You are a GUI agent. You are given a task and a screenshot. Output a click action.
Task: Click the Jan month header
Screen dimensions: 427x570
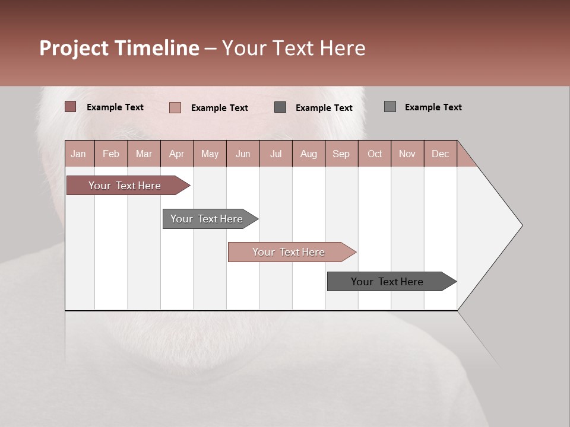78,154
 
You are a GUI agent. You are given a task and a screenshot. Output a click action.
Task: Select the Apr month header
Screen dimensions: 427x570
176,154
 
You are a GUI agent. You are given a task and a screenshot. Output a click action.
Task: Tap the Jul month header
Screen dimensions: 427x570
275,154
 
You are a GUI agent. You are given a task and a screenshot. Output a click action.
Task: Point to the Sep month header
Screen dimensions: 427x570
341,154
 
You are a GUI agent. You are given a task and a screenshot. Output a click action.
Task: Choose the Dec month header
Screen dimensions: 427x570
440,154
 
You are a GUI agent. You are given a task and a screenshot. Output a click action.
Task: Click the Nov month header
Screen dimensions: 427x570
407,154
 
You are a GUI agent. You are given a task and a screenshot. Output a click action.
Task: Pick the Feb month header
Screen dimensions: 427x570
111,154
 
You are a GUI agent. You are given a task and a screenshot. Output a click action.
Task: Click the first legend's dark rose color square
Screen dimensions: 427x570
70,107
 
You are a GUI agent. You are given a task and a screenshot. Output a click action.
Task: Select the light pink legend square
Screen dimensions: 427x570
175,107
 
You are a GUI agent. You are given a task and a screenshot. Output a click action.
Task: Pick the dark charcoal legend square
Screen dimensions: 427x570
280,107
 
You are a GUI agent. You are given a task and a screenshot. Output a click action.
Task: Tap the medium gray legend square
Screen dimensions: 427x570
389,107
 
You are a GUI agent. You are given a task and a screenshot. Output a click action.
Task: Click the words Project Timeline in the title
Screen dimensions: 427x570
119,48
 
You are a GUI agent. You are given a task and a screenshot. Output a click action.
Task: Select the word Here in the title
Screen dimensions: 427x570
343,48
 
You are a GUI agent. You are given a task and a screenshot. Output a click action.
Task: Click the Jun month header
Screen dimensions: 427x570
242,154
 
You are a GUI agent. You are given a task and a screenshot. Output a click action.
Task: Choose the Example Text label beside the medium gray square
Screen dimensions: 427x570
433,107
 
